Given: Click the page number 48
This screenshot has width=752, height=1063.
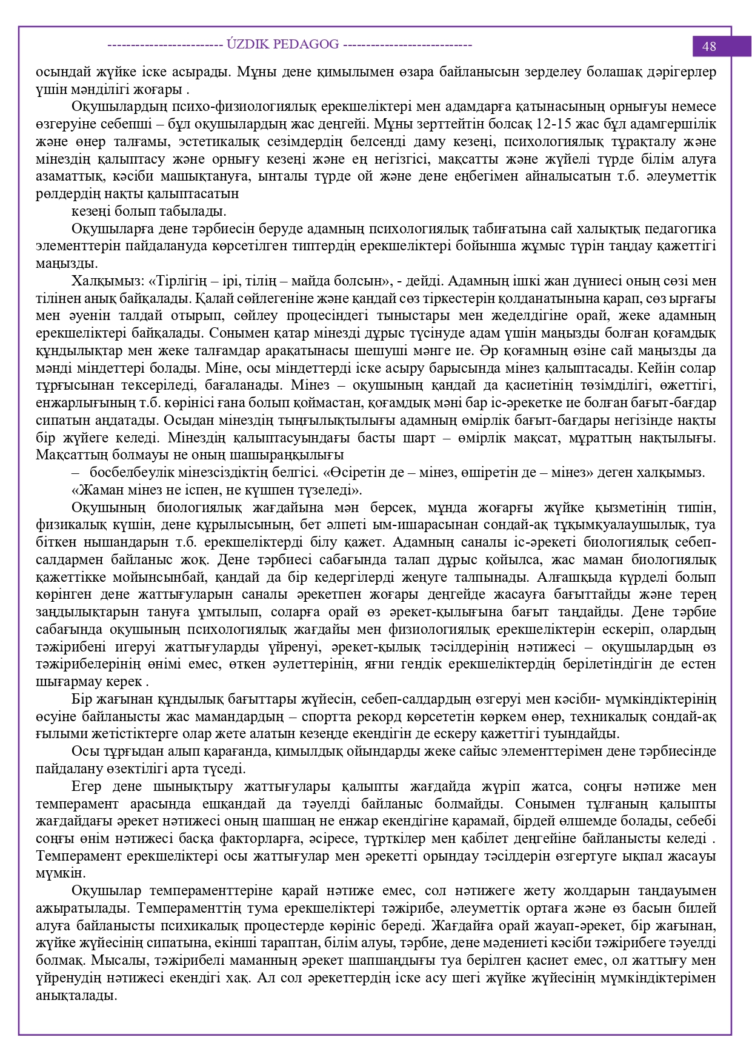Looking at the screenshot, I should click(x=708, y=47).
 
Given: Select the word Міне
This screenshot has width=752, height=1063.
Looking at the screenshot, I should click(x=219, y=368).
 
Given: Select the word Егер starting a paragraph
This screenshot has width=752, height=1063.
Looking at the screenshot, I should click(x=86, y=787).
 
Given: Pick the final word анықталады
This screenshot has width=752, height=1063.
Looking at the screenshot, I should click(x=76, y=996).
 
